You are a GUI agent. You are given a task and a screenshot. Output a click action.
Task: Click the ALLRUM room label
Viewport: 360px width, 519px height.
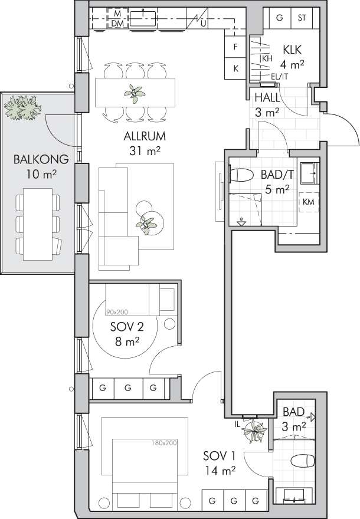point(145,136)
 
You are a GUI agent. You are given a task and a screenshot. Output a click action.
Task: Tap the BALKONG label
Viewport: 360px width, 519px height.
point(41,160)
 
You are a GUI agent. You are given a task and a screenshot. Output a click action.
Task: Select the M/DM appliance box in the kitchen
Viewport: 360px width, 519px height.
point(117,18)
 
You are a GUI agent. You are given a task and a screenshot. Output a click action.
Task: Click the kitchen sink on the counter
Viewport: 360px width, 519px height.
point(143,18)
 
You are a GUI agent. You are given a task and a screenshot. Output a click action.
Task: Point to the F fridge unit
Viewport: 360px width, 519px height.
point(235,47)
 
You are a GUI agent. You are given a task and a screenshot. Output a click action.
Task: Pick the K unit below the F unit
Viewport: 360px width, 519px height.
point(235,68)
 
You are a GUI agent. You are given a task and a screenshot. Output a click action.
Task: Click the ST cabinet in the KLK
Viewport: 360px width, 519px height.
point(302,18)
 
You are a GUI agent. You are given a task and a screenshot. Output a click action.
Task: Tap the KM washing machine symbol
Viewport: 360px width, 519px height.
point(308,202)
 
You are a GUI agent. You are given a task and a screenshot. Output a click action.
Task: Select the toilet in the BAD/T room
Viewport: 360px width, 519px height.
point(241,175)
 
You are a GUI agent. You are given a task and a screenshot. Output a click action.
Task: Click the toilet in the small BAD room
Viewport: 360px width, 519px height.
point(302,461)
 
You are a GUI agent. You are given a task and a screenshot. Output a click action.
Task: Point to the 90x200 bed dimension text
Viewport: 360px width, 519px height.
point(117,312)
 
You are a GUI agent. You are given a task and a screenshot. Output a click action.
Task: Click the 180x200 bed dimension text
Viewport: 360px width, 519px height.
point(164,442)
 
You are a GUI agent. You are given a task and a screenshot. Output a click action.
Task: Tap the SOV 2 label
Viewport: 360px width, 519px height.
point(127,327)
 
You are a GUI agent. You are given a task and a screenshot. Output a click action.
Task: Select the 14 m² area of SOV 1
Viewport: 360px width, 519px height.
point(220,471)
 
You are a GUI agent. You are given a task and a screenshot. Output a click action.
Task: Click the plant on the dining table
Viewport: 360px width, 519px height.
point(135,94)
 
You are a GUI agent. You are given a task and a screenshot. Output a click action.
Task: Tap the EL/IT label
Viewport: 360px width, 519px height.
point(280,77)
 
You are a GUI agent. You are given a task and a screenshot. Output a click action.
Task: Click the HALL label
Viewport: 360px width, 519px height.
point(267,98)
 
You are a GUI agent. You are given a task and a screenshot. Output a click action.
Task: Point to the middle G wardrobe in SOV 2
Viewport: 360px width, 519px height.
point(128,387)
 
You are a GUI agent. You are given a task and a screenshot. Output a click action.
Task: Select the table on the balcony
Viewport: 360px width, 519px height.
point(38,225)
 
